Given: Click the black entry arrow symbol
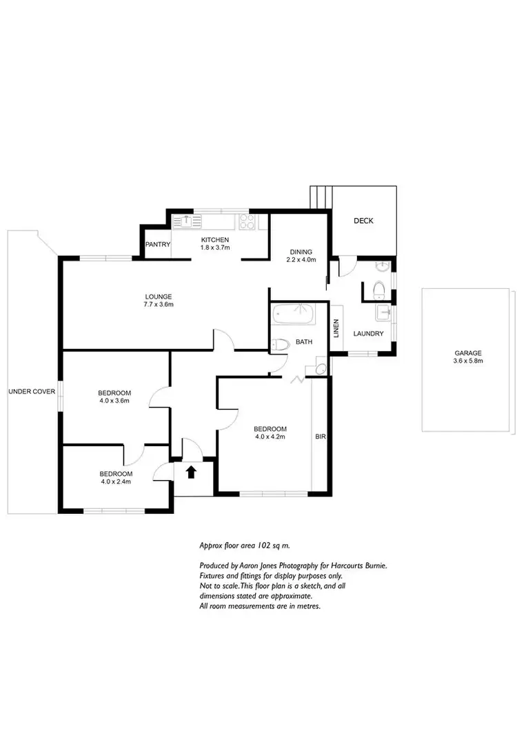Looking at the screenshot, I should (x=191, y=472).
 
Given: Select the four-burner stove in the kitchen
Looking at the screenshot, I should (x=246, y=221).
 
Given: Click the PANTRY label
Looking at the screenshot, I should (x=156, y=244).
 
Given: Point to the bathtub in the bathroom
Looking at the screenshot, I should (x=293, y=315).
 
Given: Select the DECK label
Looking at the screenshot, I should (x=363, y=221).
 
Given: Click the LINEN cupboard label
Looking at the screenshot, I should (x=336, y=329).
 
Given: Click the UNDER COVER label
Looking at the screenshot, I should (x=32, y=392).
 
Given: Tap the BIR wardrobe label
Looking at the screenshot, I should (x=321, y=437).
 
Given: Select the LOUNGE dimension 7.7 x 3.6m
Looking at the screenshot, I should (x=158, y=303).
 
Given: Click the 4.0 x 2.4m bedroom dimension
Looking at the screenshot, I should (x=115, y=482).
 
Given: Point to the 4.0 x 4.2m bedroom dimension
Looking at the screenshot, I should (x=270, y=436).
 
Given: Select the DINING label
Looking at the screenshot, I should (x=301, y=252).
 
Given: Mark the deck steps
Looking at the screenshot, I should (x=321, y=197).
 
